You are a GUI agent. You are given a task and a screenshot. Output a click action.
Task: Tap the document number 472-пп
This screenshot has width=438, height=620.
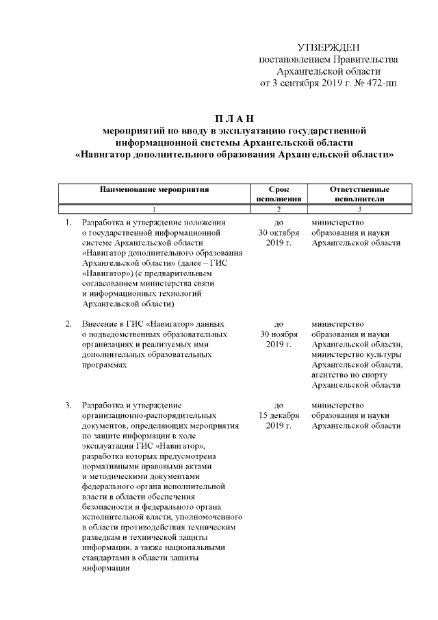(378, 84)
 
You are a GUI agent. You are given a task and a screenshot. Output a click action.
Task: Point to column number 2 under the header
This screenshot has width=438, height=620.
(278, 209)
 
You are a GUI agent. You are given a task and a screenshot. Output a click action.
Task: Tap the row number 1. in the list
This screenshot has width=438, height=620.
(68, 223)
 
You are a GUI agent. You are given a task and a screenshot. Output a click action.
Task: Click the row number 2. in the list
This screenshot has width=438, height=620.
(68, 323)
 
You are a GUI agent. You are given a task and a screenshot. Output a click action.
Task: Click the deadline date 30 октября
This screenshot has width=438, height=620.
(278, 233)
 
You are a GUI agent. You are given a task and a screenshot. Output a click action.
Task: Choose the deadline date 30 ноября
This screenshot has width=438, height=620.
(278, 334)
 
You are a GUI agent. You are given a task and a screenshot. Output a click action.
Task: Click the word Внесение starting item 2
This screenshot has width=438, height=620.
(100, 323)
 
